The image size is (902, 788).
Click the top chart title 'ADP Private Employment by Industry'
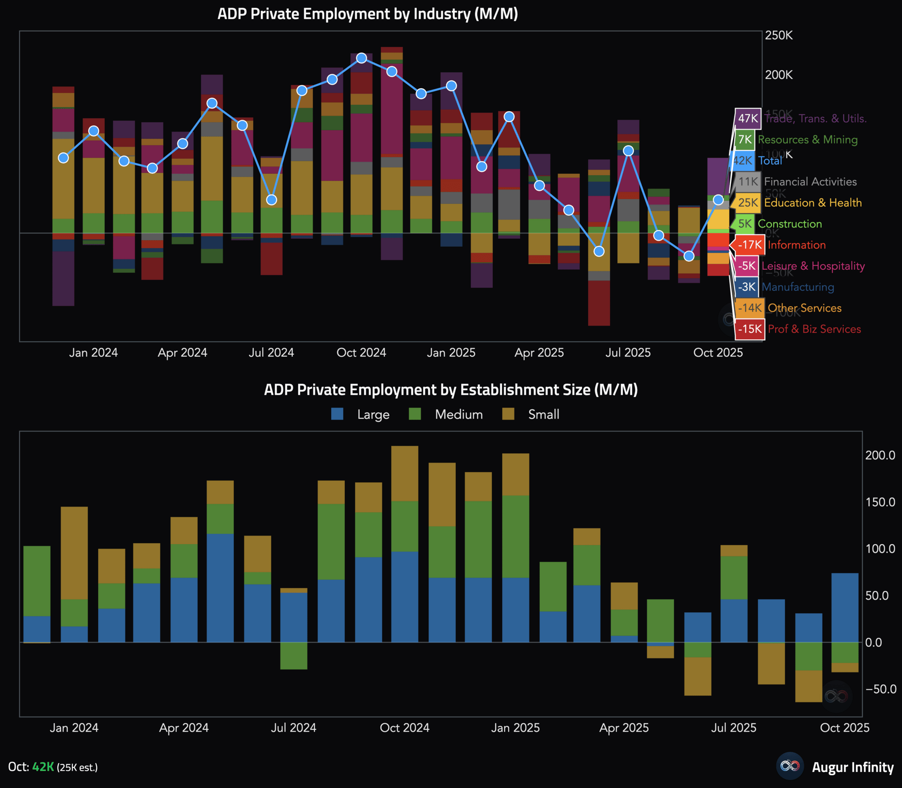367,14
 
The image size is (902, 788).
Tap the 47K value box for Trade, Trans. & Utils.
747,118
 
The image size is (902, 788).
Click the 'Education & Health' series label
813,203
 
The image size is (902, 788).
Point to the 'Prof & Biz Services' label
814,329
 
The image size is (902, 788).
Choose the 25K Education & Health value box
748,203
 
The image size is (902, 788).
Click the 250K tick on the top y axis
778,35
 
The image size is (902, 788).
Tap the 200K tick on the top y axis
778,75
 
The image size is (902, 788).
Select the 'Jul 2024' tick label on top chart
271,352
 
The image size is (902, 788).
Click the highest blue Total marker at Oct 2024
361,58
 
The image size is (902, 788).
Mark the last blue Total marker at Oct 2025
718,200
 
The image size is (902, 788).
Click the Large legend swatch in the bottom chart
337,414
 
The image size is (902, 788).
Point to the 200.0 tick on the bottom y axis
880,455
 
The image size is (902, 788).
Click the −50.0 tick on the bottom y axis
880,689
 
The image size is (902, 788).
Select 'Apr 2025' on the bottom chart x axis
624,727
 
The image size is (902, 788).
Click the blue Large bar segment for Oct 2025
845,607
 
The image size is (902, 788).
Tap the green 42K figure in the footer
43,767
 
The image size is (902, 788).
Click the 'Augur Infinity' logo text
852,767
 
